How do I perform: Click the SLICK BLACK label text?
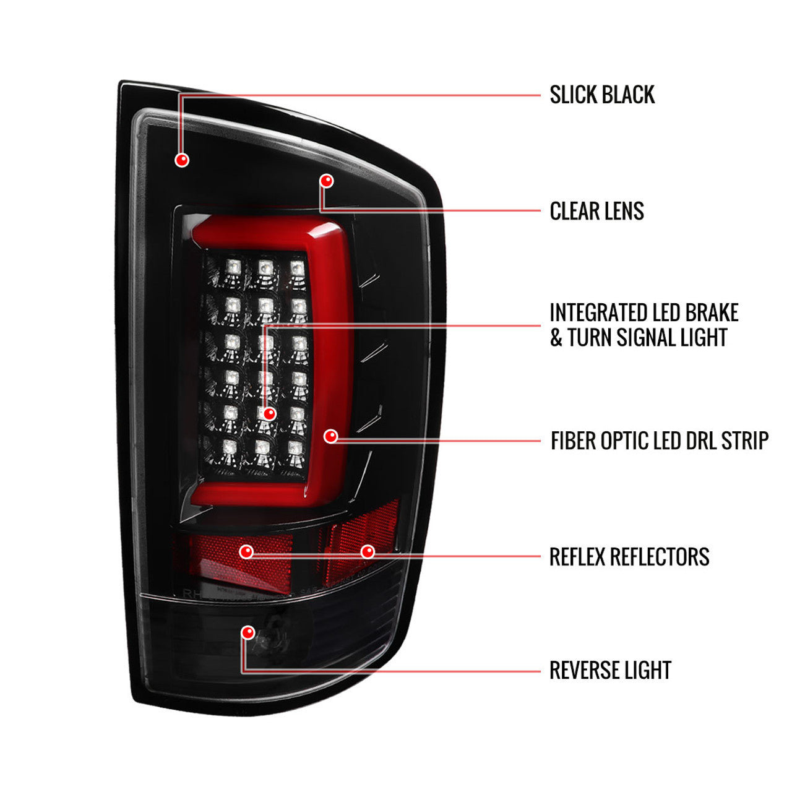point(601,95)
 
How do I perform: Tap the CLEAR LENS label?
point(596,212)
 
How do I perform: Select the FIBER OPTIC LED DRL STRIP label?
point(659,441)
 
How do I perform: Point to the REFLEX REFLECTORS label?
point(629,557)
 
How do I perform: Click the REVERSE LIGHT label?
point(609,671)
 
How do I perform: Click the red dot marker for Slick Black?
point(182,160)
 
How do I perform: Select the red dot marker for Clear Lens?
point(327,181)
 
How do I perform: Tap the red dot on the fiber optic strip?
point(331,437)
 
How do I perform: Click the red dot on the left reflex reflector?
point(247,551)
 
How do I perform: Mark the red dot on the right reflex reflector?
point(368,551)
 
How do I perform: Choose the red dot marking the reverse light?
point(248,632)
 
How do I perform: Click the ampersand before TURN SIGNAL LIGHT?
point(556,338)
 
